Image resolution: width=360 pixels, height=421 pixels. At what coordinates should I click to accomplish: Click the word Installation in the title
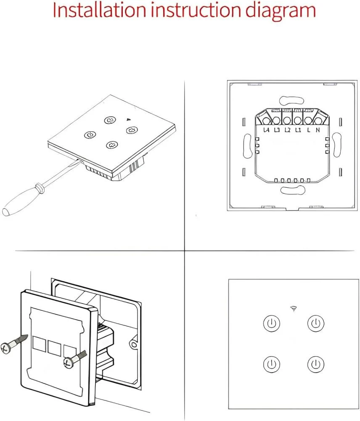(99, 11)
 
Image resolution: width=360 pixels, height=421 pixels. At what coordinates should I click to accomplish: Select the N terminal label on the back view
(318, 131)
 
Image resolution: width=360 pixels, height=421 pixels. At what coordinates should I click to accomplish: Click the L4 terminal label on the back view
(266, 131)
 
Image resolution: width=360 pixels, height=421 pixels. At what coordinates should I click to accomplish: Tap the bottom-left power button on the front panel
(271, 364)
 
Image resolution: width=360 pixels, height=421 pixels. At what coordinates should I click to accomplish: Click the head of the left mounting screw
(5, 349)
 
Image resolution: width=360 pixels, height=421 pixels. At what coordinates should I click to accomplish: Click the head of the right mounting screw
(67, 363)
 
